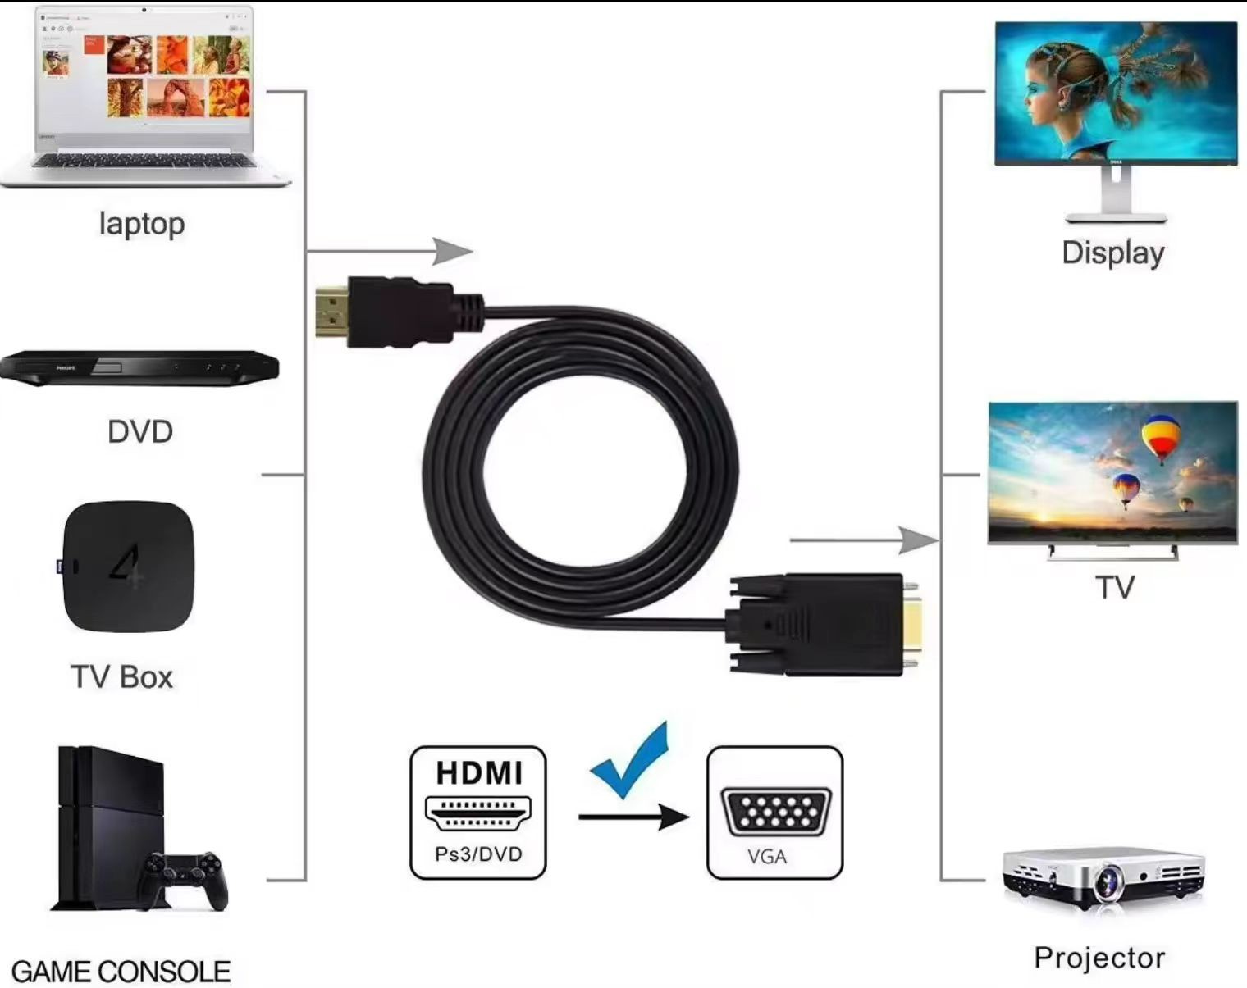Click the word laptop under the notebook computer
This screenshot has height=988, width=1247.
pyautogui.click(x=142, y=225)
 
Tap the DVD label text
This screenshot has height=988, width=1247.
pyautogui.click(x=140, y=432)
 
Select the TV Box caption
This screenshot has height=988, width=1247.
pyautogui.click(x=121, y=677)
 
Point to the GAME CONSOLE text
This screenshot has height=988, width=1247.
pyautogui.click(x=121, y=972)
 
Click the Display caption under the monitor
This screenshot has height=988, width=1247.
pyautogui.click(x=1113, y=253)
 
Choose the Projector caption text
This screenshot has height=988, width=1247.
pyautogui.click(x=1099, y=958)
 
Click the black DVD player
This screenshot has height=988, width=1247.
pyautogui.click(x=139, y=368)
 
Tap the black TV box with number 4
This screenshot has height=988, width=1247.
pyautogui.click(x=128, y=567)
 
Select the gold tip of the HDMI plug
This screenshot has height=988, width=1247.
pyautogui.click(x=332, y=312)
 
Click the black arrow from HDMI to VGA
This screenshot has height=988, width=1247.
pyautogui.click(x=634, y=817)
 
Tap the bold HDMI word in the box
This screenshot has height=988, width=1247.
pyautogui.click(x=479, y=772)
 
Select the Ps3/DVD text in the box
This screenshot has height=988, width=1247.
pyautogui.click(x=478, y=854)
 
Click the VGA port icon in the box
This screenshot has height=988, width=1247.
pyautogui.click(x=775, y=812)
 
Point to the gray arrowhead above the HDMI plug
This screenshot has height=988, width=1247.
pyautogui.click(x=453, y=252)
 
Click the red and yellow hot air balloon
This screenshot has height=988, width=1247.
pyautogui.click(x=1160, y=439)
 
